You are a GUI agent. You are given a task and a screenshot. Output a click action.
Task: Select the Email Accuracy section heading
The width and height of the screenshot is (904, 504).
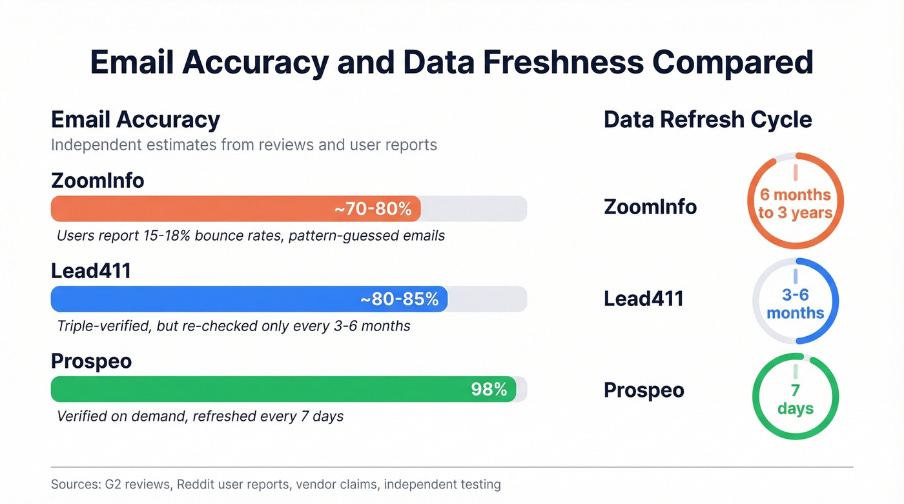136,120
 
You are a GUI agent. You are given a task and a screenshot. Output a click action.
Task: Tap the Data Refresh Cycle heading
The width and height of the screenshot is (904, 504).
708,120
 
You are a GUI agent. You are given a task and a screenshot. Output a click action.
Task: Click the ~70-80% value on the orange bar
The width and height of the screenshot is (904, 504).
373,209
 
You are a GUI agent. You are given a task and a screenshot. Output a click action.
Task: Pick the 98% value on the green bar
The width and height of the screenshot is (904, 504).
489,389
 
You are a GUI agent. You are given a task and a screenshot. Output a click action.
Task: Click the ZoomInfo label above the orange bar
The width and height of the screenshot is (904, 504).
98,181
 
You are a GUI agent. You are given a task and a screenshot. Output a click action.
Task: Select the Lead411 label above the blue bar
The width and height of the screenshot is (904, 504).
91,271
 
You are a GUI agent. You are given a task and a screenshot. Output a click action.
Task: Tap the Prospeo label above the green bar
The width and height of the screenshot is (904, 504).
91,361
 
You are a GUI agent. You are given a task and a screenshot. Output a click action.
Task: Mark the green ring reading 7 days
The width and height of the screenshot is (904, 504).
795,399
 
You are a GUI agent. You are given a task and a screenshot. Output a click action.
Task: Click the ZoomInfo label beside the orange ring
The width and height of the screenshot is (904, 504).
650,207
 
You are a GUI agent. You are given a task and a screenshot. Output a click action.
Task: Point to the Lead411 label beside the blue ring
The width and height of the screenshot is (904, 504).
643,299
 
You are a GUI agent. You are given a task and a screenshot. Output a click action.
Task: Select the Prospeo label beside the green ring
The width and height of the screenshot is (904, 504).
643,390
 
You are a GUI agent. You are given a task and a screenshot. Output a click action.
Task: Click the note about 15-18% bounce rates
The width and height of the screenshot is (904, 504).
251,236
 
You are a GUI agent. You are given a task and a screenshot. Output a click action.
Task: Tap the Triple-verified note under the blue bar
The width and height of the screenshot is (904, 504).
233,326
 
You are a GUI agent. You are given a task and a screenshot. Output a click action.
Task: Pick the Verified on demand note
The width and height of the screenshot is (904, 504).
200,416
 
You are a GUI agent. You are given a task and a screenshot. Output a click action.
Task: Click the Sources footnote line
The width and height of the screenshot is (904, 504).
276,484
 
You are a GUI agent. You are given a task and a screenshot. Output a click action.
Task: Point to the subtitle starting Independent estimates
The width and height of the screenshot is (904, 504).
243,145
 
